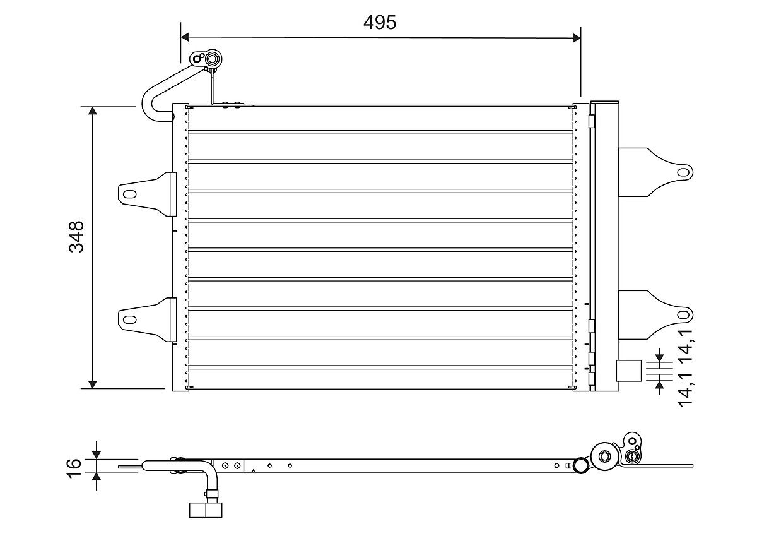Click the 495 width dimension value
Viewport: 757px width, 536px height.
[380, 22]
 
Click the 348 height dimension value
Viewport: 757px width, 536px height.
[76, 236]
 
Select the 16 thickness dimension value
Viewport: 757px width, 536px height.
[74, 465]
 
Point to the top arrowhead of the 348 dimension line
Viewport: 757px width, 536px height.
[93, 112]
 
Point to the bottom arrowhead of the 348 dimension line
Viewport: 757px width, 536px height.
[93, 383]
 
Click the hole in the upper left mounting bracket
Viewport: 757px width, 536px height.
[129, 194]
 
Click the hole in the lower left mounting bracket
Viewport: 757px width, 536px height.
[129, 319]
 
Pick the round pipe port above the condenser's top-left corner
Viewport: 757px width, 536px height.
[212, 59]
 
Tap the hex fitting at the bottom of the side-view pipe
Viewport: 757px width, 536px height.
[206, 509]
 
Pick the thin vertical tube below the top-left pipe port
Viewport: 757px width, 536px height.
[213, 87]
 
